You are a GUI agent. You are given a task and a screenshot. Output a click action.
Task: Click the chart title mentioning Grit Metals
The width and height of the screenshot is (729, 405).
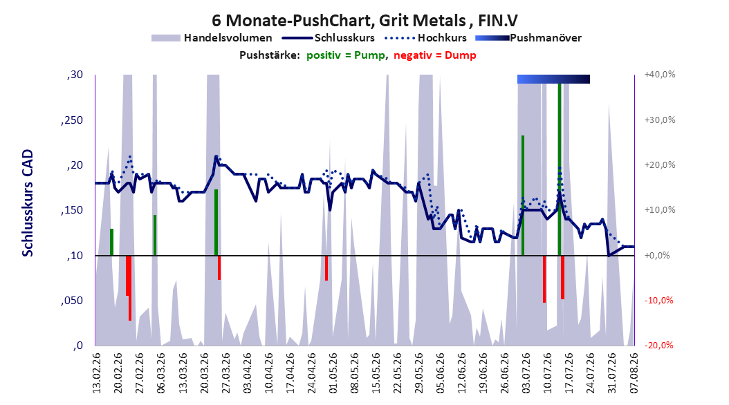tap(364, 21)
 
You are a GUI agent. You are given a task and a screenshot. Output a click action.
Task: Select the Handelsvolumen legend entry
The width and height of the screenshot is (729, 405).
tap(212, 38)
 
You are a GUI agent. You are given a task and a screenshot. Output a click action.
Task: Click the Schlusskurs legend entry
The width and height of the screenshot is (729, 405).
tap(329, 38)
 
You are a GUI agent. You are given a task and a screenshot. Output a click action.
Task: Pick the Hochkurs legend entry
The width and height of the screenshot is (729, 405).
tap(425, 38)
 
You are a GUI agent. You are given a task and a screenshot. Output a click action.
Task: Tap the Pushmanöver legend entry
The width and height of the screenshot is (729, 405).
tap(528, 38)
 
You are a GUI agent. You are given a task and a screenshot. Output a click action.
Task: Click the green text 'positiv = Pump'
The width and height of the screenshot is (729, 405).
tap(346, 55)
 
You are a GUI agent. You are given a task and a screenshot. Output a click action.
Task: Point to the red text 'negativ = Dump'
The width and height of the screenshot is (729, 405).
tap(435, 55)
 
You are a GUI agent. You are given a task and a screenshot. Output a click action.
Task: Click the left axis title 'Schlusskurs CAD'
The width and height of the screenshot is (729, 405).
tap(28, 203)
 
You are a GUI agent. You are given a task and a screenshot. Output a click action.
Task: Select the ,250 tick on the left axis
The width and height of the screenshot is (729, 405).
tap(72, 120)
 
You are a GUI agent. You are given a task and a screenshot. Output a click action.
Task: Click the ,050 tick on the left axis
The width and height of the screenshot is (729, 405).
tap(72, 301)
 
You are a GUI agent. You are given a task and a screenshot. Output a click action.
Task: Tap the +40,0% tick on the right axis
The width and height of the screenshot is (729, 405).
tap(660, 75)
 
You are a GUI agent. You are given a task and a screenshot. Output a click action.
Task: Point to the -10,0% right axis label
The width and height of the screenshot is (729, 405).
tap(658, 301)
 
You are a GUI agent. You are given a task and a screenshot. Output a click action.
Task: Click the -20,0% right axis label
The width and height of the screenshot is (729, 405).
tap(658, 345)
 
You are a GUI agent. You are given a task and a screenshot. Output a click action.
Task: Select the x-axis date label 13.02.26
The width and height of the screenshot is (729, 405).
tap(97, 373)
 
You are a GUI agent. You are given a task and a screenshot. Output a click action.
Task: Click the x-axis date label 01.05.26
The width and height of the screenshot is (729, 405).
tap(333, 373)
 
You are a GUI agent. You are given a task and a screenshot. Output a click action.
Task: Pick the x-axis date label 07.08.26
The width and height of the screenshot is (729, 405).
tap(634, 373)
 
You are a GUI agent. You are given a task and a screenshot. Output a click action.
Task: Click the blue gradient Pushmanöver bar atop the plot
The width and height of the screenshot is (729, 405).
tap(553, 79)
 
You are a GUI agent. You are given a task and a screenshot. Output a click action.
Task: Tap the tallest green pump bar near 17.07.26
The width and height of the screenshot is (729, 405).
tap(560, 169)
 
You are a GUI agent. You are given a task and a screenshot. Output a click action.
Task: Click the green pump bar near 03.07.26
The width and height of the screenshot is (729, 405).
tap(523, 196)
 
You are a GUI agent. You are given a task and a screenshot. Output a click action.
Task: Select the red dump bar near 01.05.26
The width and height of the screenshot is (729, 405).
tap(326, 268)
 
